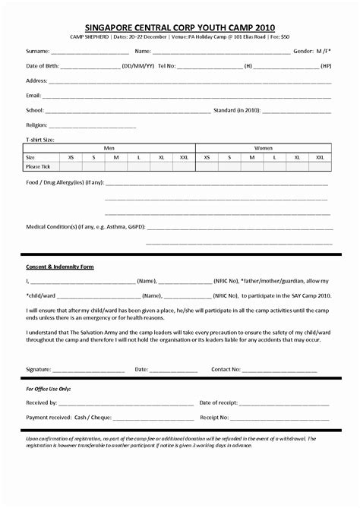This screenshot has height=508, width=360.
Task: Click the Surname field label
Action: pyautogui.click(x=38, y=52)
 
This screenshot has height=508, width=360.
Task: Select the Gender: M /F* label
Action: pyautogui.click(x=312, y=52)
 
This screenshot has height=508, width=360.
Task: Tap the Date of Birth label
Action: pyautogui.click(x=42, y=66)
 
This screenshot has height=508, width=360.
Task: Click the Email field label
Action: pyautogui.click(x=33, y=96)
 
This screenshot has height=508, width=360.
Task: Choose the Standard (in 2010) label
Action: pyautogui.click(x=237, y=110)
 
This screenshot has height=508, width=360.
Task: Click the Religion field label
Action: pyautogui.click(x=36, y=125)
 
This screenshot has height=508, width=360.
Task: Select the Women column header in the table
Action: pyautogui.click(x=263, y=148)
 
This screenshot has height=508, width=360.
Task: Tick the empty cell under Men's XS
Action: pyautogui.click(x=71, y=166)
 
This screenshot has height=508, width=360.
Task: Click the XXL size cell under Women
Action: pyautogui.click(x=320, y=157)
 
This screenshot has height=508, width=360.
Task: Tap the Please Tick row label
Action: pyautogui.click(x=38, y=166)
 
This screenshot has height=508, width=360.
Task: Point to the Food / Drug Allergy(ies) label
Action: pyautogui.click(x=65, y=183)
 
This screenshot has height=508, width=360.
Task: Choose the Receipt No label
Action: pyautogui.click(x=214, y=417)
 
